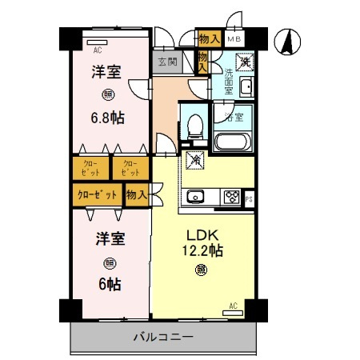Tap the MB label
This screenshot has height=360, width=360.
pyautogui.click(x=234, y=38)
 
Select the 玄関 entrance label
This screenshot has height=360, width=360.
pyautogui.click(x=166, y=61)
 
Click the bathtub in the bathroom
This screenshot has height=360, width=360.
pyautogui.click(x=234, y=142)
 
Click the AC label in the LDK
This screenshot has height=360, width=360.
pyautogui.click(x=233, y=305)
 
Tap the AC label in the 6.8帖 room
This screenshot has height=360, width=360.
pyautogui.click(x=98, y=48)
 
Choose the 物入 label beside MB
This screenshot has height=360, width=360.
pyautogui.click(x=210, y=38)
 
